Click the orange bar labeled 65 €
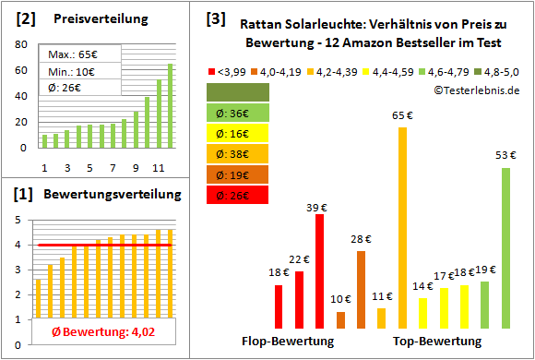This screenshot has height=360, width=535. [x=402, y=227]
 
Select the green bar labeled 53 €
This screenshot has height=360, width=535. [x=505, y=247]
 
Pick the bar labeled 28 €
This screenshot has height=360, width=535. [x=361, y=289]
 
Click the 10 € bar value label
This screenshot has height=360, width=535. [x=341, y=299]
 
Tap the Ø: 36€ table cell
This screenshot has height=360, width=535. [x=239, y=113]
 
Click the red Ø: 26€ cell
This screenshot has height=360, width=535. [x=239, y=194]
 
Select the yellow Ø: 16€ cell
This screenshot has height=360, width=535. [x=239, y=133]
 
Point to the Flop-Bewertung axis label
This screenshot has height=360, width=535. [x=288, y=341]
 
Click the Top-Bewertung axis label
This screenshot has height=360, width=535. [x=437, y=341]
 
